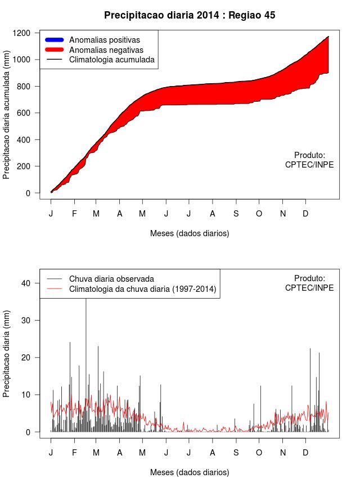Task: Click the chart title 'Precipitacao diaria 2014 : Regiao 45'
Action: pyautogui.click(x=190, y=15)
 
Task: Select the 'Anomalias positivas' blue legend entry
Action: pyautogui.click(x=104, y=40)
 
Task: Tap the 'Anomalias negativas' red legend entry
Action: pyautogui.click(x=106, y=49)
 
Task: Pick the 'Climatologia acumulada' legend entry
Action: pyautogui.click(x=111, y=59)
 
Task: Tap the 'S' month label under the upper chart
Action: pyautogui.click(x=236, y=214)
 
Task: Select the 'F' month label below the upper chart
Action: pyautogui.click(x=74, y=214)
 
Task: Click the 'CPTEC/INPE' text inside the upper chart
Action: pyautogui.click(x=309, y=165)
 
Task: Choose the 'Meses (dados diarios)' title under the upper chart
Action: pyautogui.click(x=190, y=233)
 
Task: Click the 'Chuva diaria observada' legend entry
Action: pyautogui.click(x=111, y=278)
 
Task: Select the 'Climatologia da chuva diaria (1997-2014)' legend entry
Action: pyautogui.click(x=142, y=289)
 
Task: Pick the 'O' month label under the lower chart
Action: pyautogui.click(x=259, y=453)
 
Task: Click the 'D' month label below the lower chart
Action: pyautogui.click(x=305, y=453)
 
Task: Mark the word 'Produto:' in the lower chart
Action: pyautogui.click(x=309, y=278)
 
